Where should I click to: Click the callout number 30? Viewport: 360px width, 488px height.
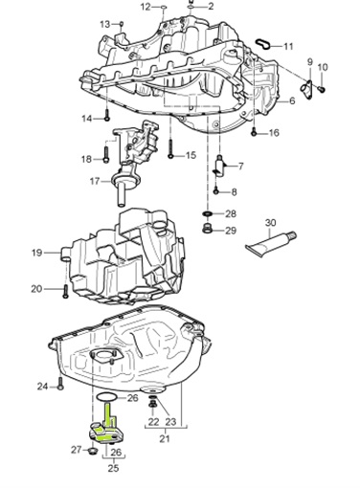click(271, 223)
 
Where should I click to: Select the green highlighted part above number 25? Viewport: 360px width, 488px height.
click(109, 427)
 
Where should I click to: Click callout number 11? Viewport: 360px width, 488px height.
click(288, 46)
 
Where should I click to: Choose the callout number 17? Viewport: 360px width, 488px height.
click(95, 181)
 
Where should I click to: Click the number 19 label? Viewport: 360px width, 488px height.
click(36, 253)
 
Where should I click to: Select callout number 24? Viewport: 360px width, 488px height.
click(42, 387)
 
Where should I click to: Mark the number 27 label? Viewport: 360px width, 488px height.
click(76, 449)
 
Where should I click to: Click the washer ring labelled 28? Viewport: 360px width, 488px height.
click(208, 212)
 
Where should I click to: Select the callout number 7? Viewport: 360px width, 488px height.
click(240, 166)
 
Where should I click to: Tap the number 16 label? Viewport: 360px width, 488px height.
click(274, 133)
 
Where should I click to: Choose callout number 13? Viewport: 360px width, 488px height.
click(104, 22)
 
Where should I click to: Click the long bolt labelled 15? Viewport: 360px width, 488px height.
click(169, 148)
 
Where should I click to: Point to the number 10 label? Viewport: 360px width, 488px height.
click(323, 66)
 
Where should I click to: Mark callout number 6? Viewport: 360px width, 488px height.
click(292, 100)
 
